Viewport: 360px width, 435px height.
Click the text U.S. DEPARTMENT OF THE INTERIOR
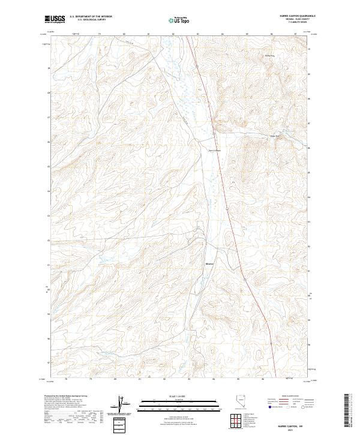91,17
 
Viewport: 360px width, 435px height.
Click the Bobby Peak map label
269,56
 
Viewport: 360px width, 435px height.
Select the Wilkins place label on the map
209,262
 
